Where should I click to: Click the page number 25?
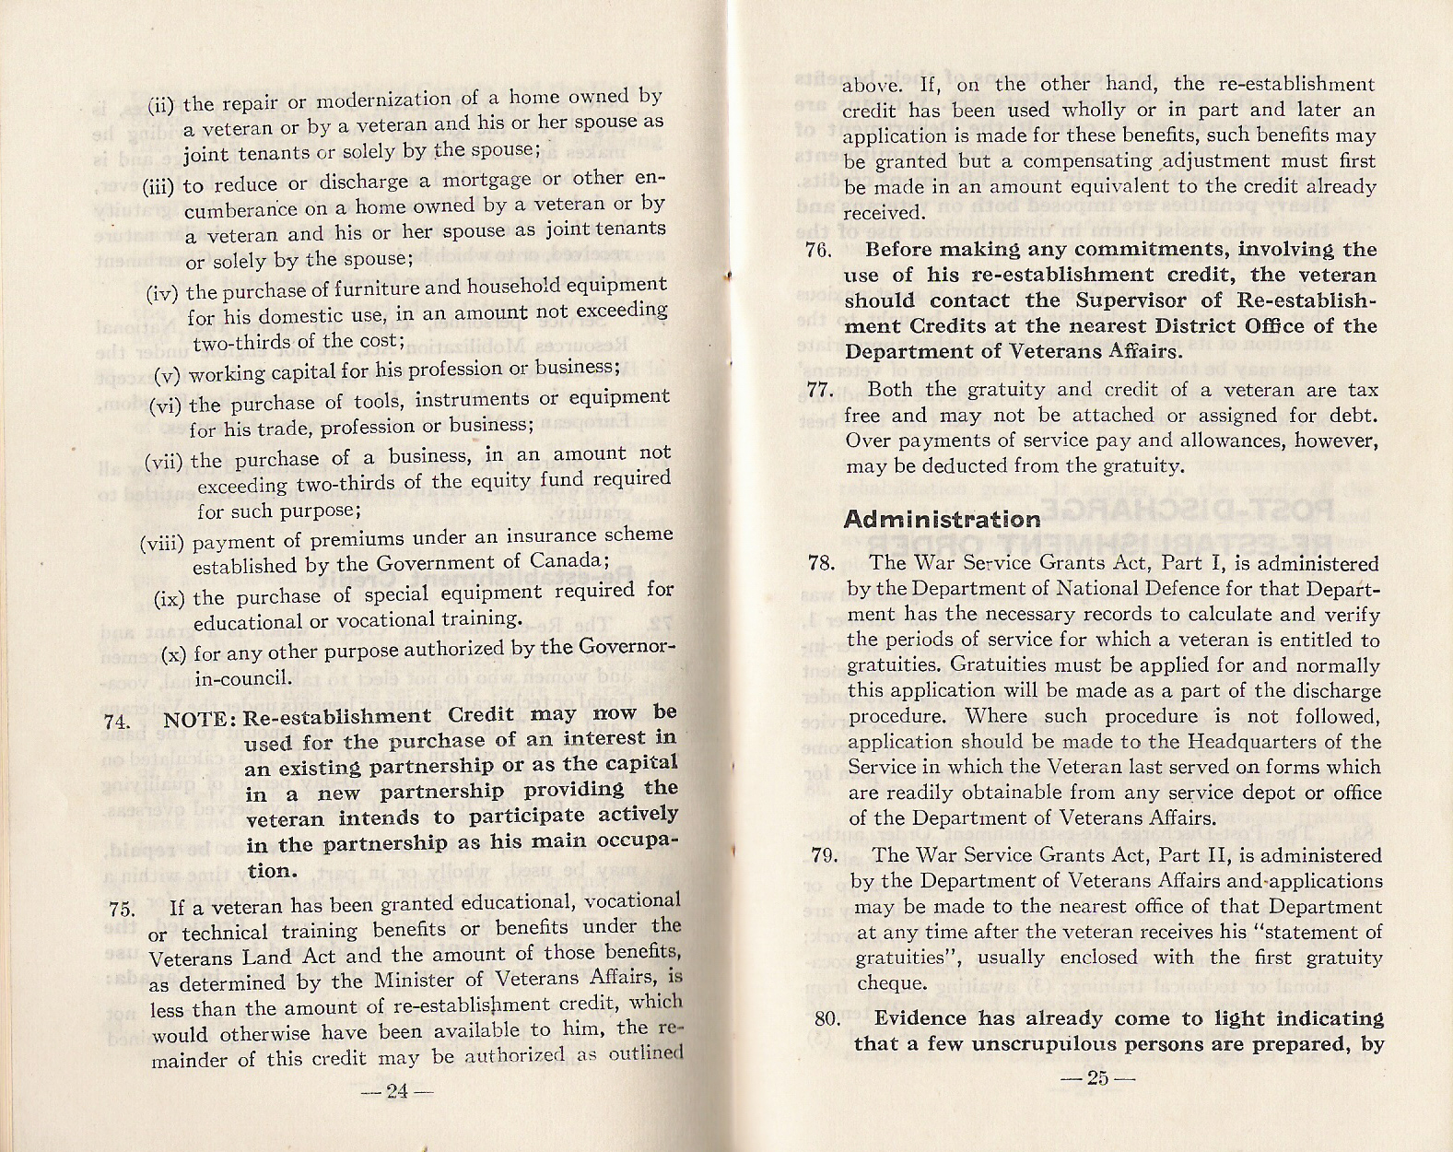tap(1096, 1079)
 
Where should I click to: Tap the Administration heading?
tap(943, 519)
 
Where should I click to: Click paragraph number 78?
tap(820, 563)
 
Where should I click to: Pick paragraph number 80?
tap(826, 1019)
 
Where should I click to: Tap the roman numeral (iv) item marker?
tap(164, 294)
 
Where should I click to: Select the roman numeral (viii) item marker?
tap(163, 543)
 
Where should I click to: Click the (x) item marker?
tap(175, 655)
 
